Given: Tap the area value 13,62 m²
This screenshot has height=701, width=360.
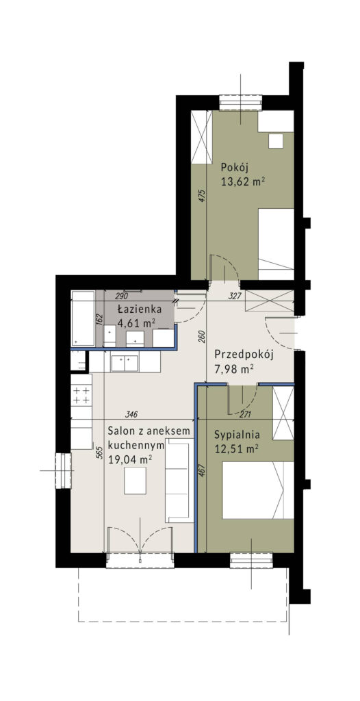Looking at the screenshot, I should point(242,181).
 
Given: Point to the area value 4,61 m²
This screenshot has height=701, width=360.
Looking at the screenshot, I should point(134,324).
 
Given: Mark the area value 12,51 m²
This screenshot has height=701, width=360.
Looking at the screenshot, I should point(235,449).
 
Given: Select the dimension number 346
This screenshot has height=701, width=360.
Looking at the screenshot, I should point(132,413).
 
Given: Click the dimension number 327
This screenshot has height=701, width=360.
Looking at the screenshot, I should point(234,296).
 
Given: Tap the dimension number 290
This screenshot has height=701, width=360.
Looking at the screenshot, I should point(123,296).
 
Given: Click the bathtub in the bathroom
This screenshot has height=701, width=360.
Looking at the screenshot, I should point(84,318).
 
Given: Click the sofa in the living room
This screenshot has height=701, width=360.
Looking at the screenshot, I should point(180,483).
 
